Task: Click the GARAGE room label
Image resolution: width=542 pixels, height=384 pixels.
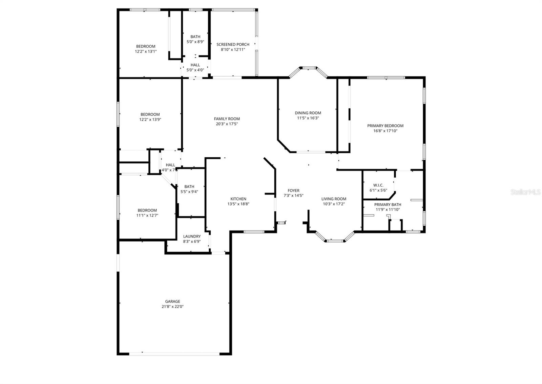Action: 172,301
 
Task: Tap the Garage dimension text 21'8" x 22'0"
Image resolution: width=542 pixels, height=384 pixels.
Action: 172,307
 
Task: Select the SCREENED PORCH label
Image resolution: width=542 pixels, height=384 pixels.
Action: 233,44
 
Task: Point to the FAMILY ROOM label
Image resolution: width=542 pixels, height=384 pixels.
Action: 227,119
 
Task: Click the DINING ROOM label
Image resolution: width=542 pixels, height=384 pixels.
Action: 308,113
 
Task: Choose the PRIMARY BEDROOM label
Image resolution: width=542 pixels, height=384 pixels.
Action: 385,126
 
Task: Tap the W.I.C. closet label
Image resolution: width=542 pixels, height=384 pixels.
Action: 378,185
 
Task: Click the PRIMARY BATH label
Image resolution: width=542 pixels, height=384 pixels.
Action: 388,205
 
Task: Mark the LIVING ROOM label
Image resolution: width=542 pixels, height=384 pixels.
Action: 334,199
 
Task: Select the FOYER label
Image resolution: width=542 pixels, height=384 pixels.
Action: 293,190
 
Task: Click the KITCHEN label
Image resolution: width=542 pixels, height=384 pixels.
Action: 238,199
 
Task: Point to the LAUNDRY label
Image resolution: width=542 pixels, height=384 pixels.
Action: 192,236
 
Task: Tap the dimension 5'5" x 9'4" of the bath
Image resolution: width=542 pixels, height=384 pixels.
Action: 189,192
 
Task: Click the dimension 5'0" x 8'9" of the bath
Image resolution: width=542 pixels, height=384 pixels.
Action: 195,42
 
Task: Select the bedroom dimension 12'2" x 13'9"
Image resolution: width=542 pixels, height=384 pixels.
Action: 150,119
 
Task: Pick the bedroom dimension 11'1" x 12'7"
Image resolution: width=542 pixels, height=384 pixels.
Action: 147,215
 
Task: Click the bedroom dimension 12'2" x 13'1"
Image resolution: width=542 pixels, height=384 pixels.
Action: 146,51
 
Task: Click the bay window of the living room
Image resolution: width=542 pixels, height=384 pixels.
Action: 335,241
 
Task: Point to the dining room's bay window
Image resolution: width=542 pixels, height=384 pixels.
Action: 308,68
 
